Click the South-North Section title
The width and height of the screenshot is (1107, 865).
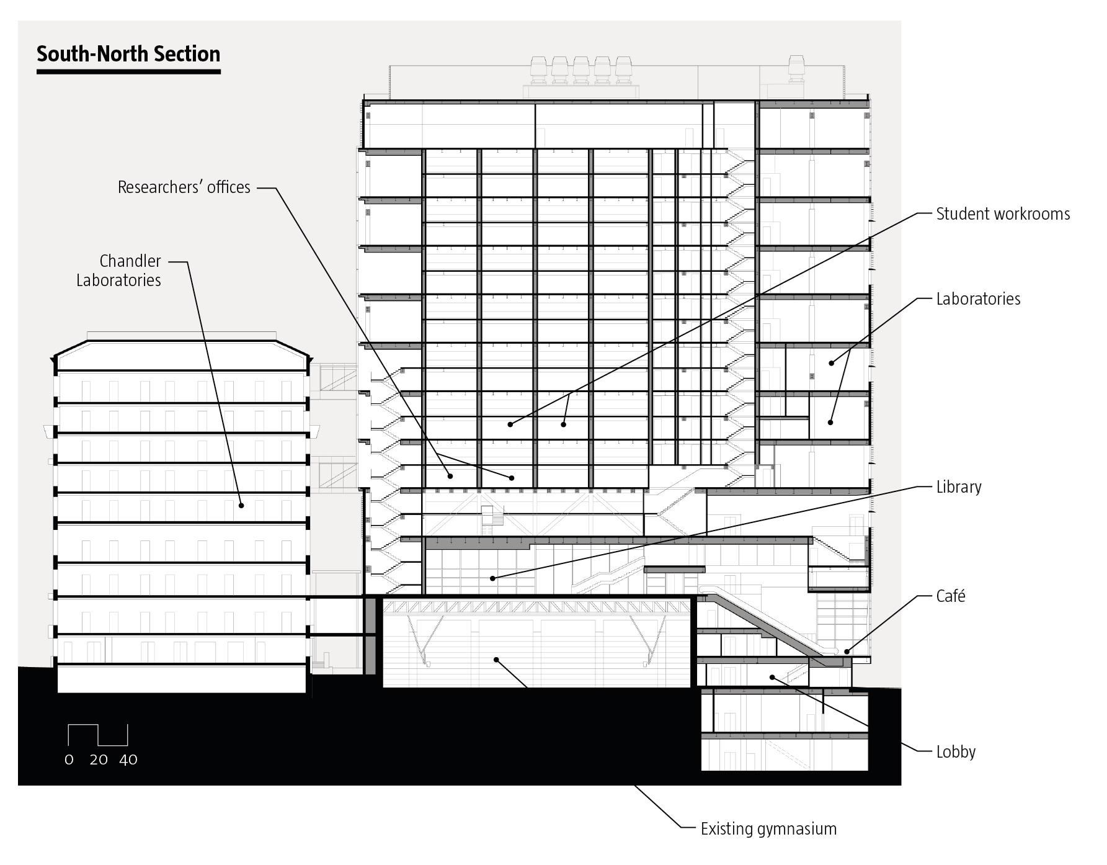[128, 54]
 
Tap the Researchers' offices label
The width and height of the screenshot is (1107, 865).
[184, 187]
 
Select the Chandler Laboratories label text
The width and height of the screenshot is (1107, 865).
[118, 271]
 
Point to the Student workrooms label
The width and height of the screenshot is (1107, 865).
[1003, 214]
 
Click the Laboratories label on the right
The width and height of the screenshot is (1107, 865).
[978, 299]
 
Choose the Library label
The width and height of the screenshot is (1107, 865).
[959, 487]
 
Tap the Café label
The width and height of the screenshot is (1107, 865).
[951, 596]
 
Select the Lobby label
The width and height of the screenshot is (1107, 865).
[956, 752]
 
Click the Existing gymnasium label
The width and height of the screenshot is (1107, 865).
[768, 829]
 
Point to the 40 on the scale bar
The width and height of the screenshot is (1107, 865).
[128, 760]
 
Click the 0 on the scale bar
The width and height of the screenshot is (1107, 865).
[69, 760]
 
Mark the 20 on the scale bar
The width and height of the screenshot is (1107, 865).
[99, 760]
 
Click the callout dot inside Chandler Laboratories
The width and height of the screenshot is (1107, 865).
[242, 505]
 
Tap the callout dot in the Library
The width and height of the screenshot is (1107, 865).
[493, 578]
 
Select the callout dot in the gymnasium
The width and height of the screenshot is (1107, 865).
[496, 659]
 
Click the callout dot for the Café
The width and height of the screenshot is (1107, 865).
[847, 651]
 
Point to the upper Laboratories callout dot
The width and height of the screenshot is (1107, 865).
[832, 363]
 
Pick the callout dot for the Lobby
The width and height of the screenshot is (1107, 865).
[772, 676]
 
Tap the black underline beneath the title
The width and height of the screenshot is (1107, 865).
[128, 72]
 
